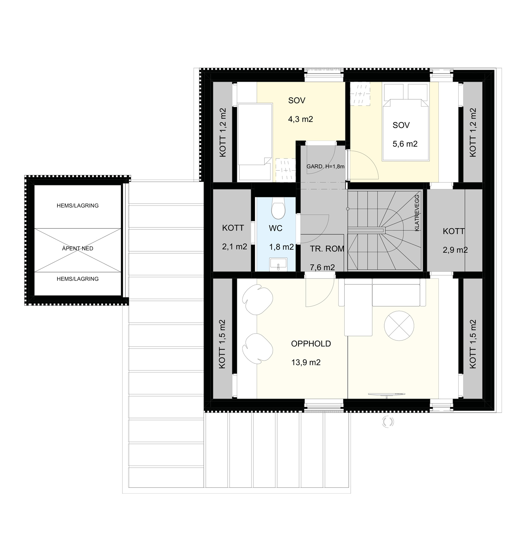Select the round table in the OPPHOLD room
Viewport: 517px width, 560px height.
399,326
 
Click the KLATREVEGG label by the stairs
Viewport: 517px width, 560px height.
417,213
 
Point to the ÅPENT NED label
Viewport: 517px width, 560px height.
78,248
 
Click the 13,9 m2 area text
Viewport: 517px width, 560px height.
306,363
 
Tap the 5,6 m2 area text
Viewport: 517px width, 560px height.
405,144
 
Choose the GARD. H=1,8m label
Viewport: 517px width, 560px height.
325,166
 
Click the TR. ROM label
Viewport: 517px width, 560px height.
327,249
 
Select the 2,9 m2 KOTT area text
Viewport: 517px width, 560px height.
455,250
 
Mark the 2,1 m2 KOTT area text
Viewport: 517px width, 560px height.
235,247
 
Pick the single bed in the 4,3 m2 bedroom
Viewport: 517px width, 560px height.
255,142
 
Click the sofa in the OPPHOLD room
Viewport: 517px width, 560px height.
379,300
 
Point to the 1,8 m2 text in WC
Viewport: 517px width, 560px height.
282,247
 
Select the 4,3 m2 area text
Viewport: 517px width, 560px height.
301,120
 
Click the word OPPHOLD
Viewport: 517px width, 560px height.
311,344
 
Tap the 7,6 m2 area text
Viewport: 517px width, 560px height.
322,267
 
